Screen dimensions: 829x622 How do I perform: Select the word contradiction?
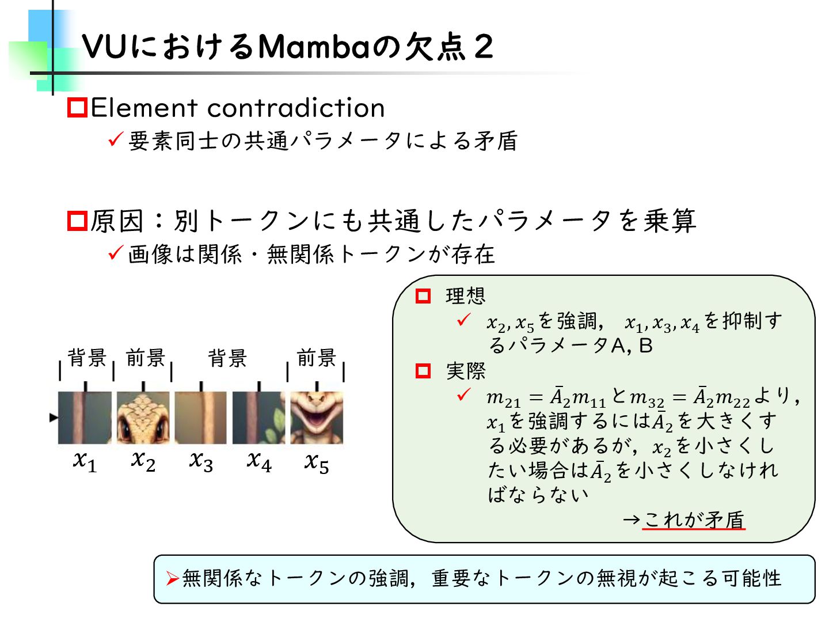[x=296, y=108]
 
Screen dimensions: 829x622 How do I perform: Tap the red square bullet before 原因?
[x=77, y=221]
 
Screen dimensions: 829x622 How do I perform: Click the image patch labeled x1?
[x=85, y=418]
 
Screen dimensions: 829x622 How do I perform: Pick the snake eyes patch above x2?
[x=143, y=418]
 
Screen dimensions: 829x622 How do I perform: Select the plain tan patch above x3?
[x=201, y=418]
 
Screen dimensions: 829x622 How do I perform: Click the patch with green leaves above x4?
[x=258, y=418]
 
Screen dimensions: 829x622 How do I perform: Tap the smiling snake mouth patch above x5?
[x=317, y=418]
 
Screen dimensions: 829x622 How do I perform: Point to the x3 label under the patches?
[x=201, y=461]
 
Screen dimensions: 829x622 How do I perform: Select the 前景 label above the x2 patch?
[x=146, y=358]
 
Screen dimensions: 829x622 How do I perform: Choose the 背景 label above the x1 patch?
[x=87, y=358]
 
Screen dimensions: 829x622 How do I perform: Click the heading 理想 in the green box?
[x=466, y=296]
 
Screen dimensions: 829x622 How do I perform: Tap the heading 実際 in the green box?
[x=466, y=371]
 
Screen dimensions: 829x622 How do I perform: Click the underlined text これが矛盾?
[x=694, y=519]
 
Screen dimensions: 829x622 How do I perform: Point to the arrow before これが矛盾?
[x=632, y=520]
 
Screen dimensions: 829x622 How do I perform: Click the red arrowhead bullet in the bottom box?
[x=172, y=578]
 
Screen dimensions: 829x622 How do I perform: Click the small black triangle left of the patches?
[x=54, y=418]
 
